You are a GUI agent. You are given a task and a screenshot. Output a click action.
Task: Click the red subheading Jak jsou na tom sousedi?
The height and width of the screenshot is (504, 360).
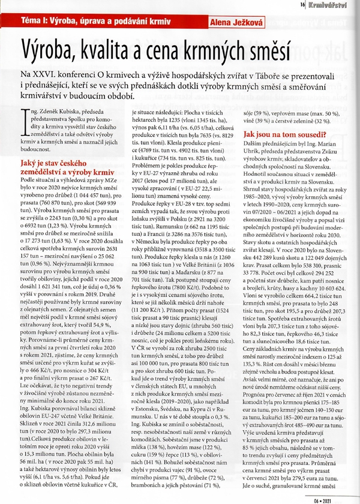pyautogui.click(x=280, y=136)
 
